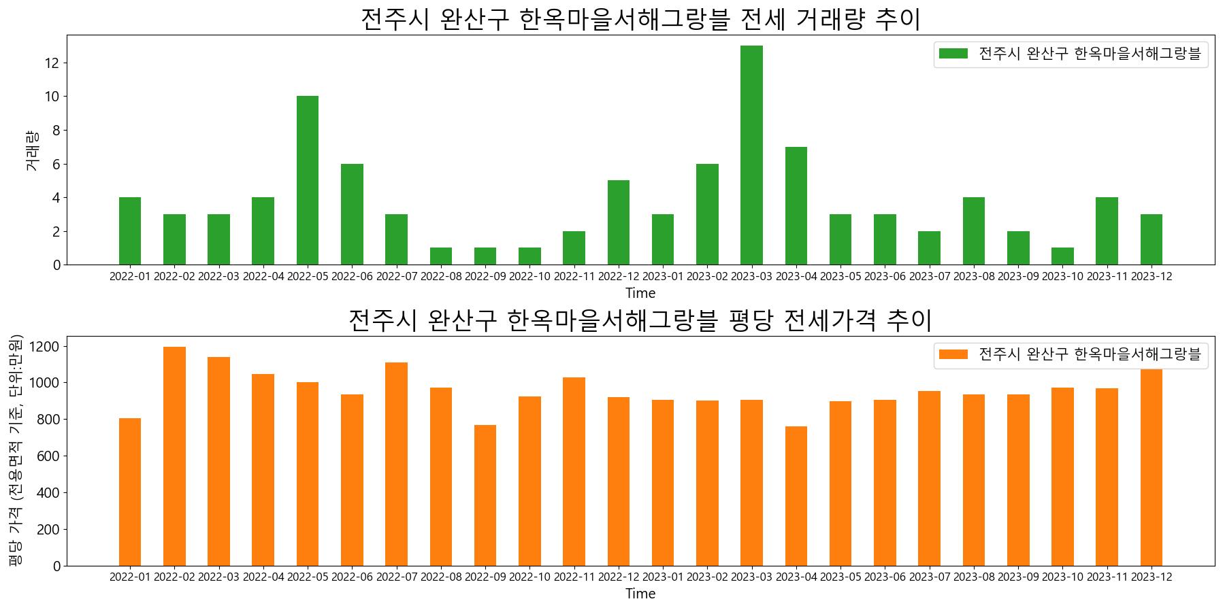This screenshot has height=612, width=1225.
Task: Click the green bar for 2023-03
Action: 751,155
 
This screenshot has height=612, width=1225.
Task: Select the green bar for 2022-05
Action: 307,180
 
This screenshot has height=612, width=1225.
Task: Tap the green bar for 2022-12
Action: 618,222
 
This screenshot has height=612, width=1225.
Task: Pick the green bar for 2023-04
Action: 796,205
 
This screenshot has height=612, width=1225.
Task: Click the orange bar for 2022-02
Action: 174,456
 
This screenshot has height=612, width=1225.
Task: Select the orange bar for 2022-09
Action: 485,495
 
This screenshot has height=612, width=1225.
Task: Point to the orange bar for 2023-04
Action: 796,496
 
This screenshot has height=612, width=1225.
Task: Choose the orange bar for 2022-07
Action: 396,464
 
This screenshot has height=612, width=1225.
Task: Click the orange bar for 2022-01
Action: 130,492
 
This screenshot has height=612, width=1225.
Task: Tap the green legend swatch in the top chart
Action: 953,54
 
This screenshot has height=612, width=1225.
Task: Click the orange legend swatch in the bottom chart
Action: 953,354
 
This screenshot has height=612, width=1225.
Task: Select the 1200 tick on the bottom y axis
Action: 47,347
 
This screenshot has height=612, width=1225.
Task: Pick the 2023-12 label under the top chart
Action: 1151,276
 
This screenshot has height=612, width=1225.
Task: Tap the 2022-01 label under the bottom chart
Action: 130,577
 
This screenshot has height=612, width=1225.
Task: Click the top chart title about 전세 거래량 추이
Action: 640,19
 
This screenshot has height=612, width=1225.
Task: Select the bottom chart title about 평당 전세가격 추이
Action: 640,320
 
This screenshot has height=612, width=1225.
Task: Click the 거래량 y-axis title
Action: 32,150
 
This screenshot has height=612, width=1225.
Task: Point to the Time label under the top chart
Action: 640,293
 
